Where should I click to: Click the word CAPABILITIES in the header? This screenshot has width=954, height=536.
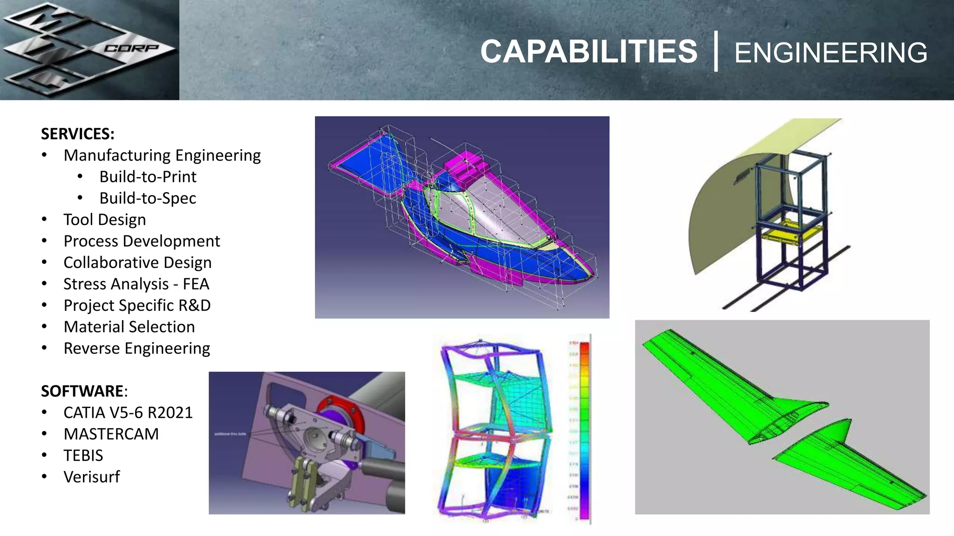[589, 51]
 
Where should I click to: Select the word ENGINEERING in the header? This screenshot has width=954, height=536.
[831, 53]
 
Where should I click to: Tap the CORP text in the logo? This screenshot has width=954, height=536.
[131, 48]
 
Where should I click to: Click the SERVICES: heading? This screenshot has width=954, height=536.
[78, 134]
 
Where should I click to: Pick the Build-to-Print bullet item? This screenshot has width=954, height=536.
[148, 177]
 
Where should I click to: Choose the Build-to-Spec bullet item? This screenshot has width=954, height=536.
[148, 198]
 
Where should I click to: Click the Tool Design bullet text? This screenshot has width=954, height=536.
[105, 220]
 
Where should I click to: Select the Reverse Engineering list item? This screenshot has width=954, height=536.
[137, 348]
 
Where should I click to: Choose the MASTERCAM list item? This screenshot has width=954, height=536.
[111, 434]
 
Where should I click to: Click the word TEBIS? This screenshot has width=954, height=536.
[83, 456]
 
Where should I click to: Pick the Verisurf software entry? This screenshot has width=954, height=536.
[92, 477]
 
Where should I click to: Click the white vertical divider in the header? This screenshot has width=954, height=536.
[716, 51]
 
